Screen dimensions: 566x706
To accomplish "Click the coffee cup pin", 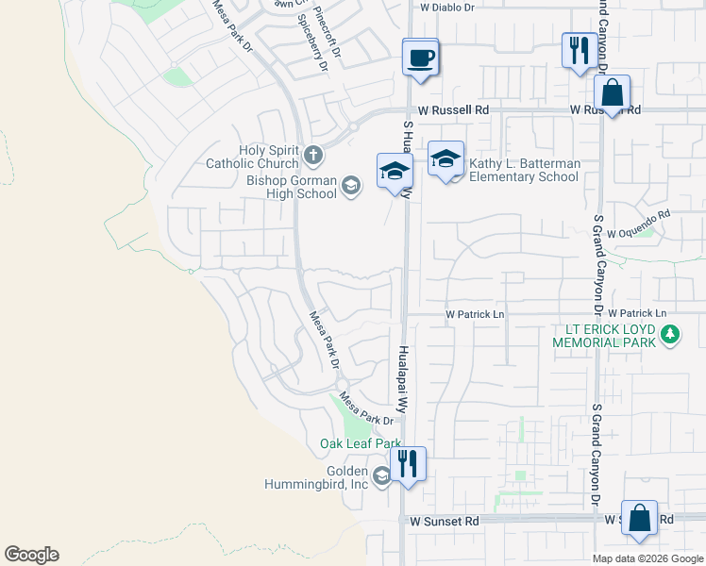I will [421, 58].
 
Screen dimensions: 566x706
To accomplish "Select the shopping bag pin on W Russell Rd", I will [613, 94].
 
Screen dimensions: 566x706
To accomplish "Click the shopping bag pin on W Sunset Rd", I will [639, 518].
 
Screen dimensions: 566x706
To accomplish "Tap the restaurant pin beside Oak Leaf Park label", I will [408, 463].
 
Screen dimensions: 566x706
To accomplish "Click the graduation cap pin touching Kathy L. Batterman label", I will [445, 159].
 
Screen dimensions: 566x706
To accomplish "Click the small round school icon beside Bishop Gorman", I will [350, 187].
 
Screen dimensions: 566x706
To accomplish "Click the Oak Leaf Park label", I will [360, 443].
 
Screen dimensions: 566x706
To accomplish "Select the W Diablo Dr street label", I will [446, 7].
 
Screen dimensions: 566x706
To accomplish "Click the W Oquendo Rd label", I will [638, 232].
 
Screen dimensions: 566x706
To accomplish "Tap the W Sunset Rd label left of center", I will [445, 520].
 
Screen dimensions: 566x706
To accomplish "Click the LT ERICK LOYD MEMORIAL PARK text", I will [604, 335].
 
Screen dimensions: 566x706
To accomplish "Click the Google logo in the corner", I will [31, 555].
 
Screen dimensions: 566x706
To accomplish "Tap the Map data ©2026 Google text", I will [647, 558].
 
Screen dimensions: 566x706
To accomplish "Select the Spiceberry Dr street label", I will [311, 42].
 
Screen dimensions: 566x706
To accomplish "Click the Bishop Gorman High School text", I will [292, 187].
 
